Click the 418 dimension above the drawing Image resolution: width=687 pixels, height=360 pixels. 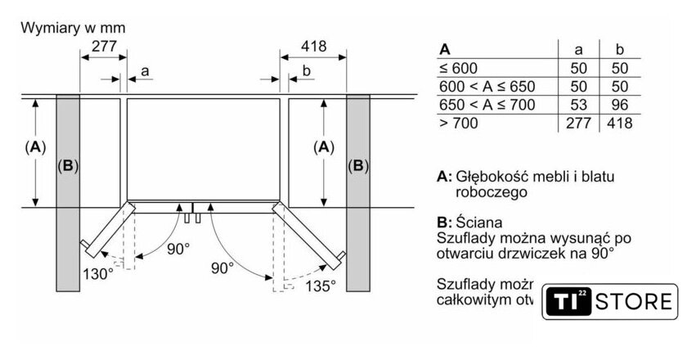(x=313, y=47)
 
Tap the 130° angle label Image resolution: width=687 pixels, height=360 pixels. (x=97, y=274)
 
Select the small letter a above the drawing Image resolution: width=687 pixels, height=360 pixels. (x=145, y=71)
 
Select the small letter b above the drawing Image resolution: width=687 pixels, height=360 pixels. (x=306, y=71)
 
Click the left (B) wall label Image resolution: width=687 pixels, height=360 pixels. (x=68, y=166)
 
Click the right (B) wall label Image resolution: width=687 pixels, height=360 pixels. (x=358, y=166)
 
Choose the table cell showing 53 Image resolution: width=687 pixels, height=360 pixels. (x=578, y=105)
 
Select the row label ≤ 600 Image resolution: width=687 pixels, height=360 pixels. (x=458, y=69)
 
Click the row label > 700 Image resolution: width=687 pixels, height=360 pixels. (x=458, y=123)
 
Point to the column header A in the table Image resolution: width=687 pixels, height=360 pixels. (x=445, y=49)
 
